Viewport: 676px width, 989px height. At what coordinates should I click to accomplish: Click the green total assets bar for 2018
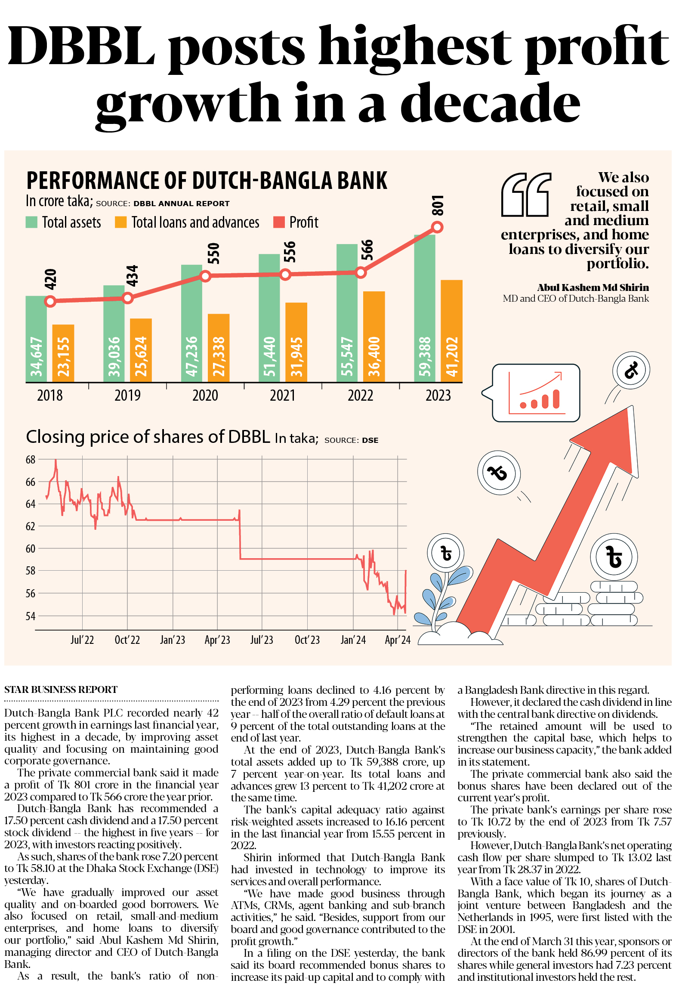pyautogui.click(x=36, y=340)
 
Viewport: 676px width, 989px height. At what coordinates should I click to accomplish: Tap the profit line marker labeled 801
pyautogui.click(x=437, y=227)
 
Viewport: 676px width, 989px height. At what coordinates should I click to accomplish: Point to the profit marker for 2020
pyautogui.click(x=205, y=276)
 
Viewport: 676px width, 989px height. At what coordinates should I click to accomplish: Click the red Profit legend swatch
pyautogui.click(x=279, y=222)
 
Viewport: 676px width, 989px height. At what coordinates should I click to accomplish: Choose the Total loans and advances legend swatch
pyautogui.click(x=120, y=222)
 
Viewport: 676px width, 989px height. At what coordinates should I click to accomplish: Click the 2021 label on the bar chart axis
pyautogui.click(x=282, y=395)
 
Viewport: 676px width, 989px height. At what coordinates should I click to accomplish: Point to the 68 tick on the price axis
pyautogui.click(x=30, y=460)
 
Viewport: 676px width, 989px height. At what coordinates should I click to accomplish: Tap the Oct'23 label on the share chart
pyautogui.click(x=307, y=640)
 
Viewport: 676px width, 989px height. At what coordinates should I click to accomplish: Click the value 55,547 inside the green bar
pyautogui.click(x=347, y=356)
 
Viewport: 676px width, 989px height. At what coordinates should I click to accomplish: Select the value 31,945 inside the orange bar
pyautogui.click(x=296, y=356)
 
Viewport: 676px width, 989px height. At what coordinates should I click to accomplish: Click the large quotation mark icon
pyautogui.click(x=526, y=195)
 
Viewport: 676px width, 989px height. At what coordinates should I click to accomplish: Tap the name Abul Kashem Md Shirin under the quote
pyautogui.click(x=593, y=287)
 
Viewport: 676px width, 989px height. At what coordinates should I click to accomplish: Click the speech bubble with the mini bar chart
pyautogui.click(x=536, y=393)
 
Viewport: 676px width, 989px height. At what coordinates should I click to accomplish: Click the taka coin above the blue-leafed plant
pyautogui.click(x=446, y=553)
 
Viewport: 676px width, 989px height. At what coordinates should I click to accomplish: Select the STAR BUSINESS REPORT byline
pyautogui.click(x=61, y=689)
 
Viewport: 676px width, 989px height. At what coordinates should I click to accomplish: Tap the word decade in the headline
pyautogui.click(x=490, y=103)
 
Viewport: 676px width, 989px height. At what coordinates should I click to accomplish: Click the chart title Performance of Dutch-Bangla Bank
pyautogui.click(x=207, y=180)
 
